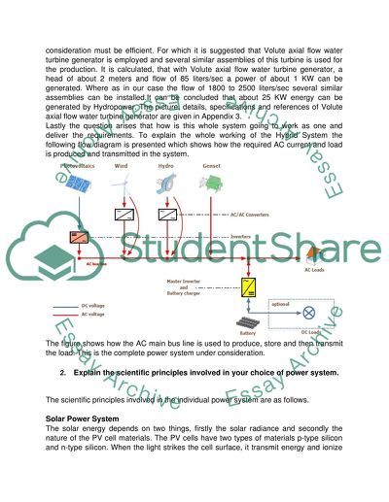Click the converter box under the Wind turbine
coord(125,215)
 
